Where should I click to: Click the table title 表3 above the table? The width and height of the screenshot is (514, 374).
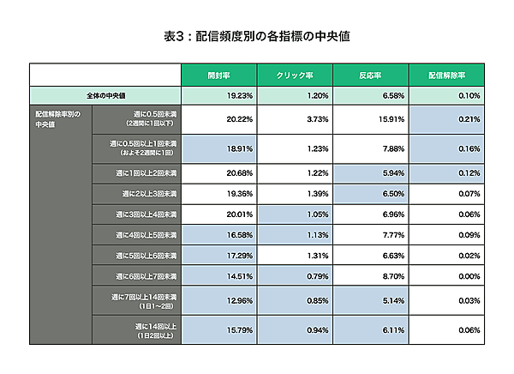tap(256, 37)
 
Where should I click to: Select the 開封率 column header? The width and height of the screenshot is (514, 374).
tap(218, 75)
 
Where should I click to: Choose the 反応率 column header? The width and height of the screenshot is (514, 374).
tap(371, 75)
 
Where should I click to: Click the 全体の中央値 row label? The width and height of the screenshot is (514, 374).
tap(105, 95)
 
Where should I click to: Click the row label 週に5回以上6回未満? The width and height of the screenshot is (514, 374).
tap(146, 256)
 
